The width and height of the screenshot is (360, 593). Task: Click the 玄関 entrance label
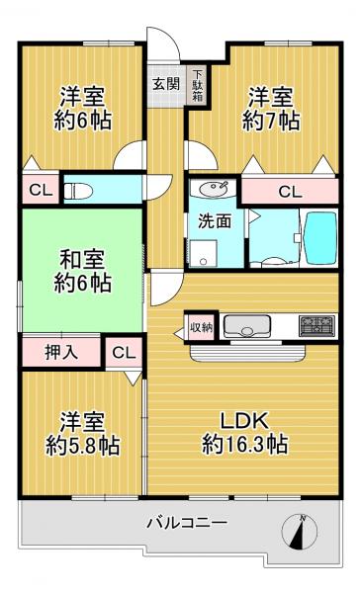[165, 83]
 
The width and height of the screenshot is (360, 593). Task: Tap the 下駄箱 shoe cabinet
[197, 86]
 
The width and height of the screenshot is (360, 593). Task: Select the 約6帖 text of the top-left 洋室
[83, 122]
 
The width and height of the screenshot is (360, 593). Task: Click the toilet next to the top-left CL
[80, 188]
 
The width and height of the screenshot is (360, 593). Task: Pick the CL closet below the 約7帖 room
[290, 192]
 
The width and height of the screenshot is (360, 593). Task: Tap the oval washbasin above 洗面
[209, 189]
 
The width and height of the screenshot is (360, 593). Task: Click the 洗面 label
[216, 221]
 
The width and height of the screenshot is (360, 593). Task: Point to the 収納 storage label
[201, 325]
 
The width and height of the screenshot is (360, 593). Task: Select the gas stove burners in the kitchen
[317, 325]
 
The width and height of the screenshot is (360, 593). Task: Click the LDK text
[245, 418]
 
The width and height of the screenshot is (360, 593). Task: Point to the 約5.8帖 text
[83, 447]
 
